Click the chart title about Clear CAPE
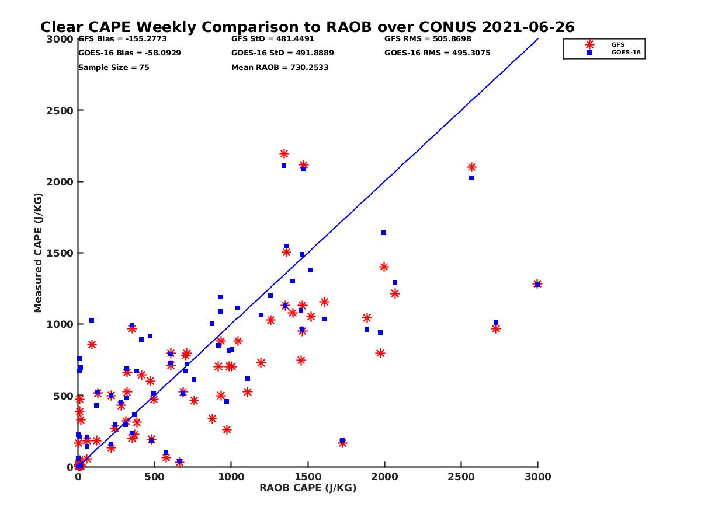(x=307, y=27)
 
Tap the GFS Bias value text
(x=122, y=39)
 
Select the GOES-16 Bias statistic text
(x=129, y=52)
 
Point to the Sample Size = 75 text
(x=113, y=67)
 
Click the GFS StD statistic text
(x=272, y=39)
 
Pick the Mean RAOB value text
(x=280, y=67)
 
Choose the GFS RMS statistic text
(x=427, y=39)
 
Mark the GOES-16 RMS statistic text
(x=437, y=52)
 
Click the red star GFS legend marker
(x=589, y=44)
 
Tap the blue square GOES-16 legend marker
(x=589, y=52)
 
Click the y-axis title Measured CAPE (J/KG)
(x=38, y=253)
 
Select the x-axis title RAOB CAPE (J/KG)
(x=308, y=488)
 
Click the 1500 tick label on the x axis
(x=308, y=477)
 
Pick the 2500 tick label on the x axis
(x=461, y=477)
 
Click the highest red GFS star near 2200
(x=284, y=154)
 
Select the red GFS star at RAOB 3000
(x=537, y=284)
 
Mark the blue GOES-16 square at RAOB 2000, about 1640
(x=384, y=233)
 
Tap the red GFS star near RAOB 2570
(x=471, y=167)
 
